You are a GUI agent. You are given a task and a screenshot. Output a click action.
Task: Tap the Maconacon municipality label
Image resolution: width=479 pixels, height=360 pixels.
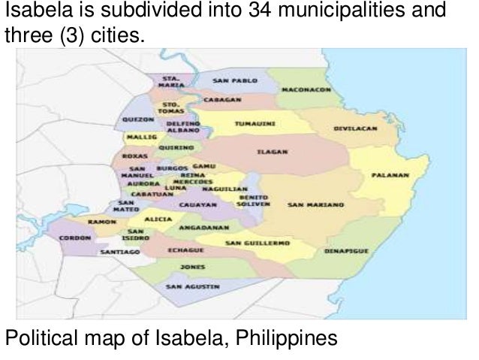pos(306,89)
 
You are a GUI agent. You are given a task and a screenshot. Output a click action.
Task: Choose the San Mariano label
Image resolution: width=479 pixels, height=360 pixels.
pos(315,204)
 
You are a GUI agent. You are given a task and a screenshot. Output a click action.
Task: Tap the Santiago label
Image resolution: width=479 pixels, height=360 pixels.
pos(120,253)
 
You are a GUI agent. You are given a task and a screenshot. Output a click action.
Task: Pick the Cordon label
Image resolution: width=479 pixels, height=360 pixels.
pos(75,236)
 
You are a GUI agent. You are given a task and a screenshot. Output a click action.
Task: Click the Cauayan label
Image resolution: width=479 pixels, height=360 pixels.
pos(198,204)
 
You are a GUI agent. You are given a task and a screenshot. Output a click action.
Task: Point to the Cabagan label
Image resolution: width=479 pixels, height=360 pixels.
pos(222,98)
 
